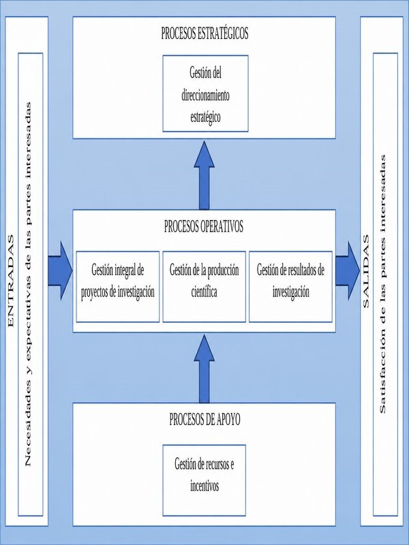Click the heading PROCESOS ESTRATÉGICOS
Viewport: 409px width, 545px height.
click(x=204, y=33)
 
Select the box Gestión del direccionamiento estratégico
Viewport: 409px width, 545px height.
click(x=206, y=93)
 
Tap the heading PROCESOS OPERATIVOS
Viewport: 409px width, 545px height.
click(x=204, y=226)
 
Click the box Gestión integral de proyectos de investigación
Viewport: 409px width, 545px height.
click(x=118, y=287)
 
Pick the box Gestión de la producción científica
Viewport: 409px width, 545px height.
click(x=204, y=287)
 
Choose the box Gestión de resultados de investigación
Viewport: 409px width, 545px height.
click(x=290, y=287)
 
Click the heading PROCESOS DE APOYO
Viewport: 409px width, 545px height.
click(x=204, y=420)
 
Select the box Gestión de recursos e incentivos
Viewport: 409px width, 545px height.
click(x=204, y=480)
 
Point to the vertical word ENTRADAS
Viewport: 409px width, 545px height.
click(x=11, y=281)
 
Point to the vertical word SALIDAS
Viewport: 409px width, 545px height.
click(x=365, y=271)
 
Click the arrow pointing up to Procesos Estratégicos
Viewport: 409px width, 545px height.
click(x=204, y=175)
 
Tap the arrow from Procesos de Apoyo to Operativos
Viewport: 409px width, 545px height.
click(x=204, y=369)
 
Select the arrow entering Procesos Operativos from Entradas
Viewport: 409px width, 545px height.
click(x=60, y=270)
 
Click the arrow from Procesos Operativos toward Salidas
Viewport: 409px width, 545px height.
click(x=348, y=270)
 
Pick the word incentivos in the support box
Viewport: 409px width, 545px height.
click(x=204, y=486)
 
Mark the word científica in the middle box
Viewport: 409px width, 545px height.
click(x=204, y=292)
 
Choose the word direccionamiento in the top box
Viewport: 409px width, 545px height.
click(x=206, y=95)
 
